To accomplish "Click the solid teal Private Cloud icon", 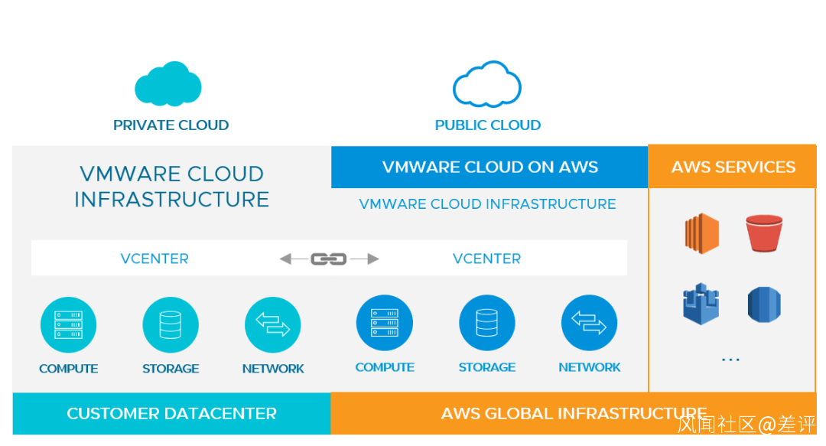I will (168, 83).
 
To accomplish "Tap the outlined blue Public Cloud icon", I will (487, 85).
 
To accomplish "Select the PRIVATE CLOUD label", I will (171, 125).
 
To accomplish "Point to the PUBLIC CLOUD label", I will (488, 125).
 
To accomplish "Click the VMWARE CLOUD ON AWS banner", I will (489, 167).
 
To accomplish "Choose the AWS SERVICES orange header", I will (733, 167).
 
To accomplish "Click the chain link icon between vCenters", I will (329, 259).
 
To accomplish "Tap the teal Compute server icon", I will (68, 325).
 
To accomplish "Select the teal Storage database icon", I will (171, 325).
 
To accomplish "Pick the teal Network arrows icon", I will (273, 325).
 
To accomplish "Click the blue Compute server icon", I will (385, 323).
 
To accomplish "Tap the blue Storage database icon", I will (487, 323).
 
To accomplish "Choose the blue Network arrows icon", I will (589, 323).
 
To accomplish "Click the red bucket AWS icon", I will (764, 233).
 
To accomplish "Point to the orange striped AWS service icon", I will (701, 233).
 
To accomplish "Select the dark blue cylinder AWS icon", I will (764, 304).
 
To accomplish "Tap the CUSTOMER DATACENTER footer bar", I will (171, 414).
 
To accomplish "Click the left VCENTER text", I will (154, 259).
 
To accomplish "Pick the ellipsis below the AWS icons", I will (730, 359).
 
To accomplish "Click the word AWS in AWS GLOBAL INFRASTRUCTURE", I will (458, 414).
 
